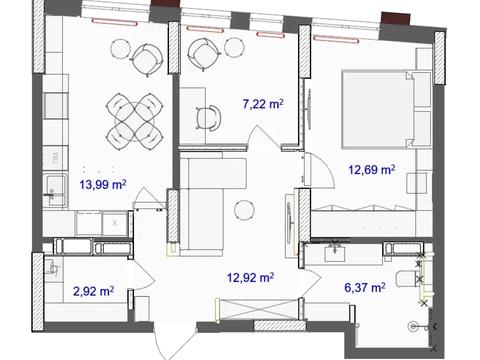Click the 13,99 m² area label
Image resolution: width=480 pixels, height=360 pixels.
coord(103,184)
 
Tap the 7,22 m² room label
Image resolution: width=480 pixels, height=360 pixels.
coord(263,104)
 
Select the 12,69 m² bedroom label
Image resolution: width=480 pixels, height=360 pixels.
coord(372,170)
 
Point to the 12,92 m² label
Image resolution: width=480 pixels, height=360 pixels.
coord(250,277)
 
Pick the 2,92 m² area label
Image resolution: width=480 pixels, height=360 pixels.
coord(93,291)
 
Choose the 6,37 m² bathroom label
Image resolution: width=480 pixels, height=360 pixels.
coord(365,287)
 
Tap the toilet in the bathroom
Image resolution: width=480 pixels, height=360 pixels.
coord(407,279)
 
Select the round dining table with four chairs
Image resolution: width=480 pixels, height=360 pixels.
coord(134,121)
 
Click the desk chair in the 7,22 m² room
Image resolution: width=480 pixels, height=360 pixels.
coord(208,117)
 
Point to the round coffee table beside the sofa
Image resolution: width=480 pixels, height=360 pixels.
coord(244,210)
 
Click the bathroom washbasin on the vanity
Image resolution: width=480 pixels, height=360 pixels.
coord(335,252)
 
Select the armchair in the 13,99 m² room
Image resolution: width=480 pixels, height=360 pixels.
coord(147,60)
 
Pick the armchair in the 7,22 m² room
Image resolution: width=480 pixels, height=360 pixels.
coord(204,54)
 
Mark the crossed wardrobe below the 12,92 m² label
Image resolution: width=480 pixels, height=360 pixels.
coord(258,310)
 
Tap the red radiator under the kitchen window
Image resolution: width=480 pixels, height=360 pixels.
coord(114,23)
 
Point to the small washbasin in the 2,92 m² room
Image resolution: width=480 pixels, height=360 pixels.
coord(52,267)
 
